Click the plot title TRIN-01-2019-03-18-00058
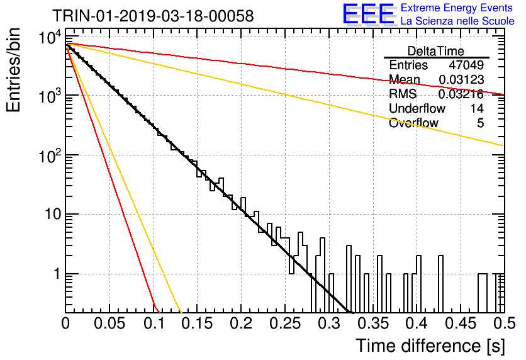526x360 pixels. [x=153, y=16]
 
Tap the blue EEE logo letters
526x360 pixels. [x=369, y=14]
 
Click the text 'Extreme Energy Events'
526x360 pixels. [x=457, y=8]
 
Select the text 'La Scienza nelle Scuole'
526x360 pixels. [x=457, y=21]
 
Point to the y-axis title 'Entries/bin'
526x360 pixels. [x=13, y=70]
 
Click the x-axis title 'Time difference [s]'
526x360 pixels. [x=430, y=346]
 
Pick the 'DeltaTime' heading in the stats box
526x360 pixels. [x=436, y=51]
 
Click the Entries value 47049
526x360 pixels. [x=466, y=65]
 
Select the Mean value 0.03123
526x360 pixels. [x=461, y=80]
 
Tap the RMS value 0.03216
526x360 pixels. [x=461, y=94]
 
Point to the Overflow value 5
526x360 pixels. [x=481, y=123]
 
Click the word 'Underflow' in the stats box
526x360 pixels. [x=417, y=108]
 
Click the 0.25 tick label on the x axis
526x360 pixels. [x=285, y=323]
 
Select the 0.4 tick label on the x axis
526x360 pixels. [x=417, y=323]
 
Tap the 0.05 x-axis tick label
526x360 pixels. [x=109, y=323]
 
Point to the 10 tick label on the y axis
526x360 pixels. [x=54, y=214]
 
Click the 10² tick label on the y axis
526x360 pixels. [x=50, y=155]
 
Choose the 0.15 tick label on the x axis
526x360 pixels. [x=198, y=323]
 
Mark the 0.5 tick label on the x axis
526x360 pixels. [x=505, y=323]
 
